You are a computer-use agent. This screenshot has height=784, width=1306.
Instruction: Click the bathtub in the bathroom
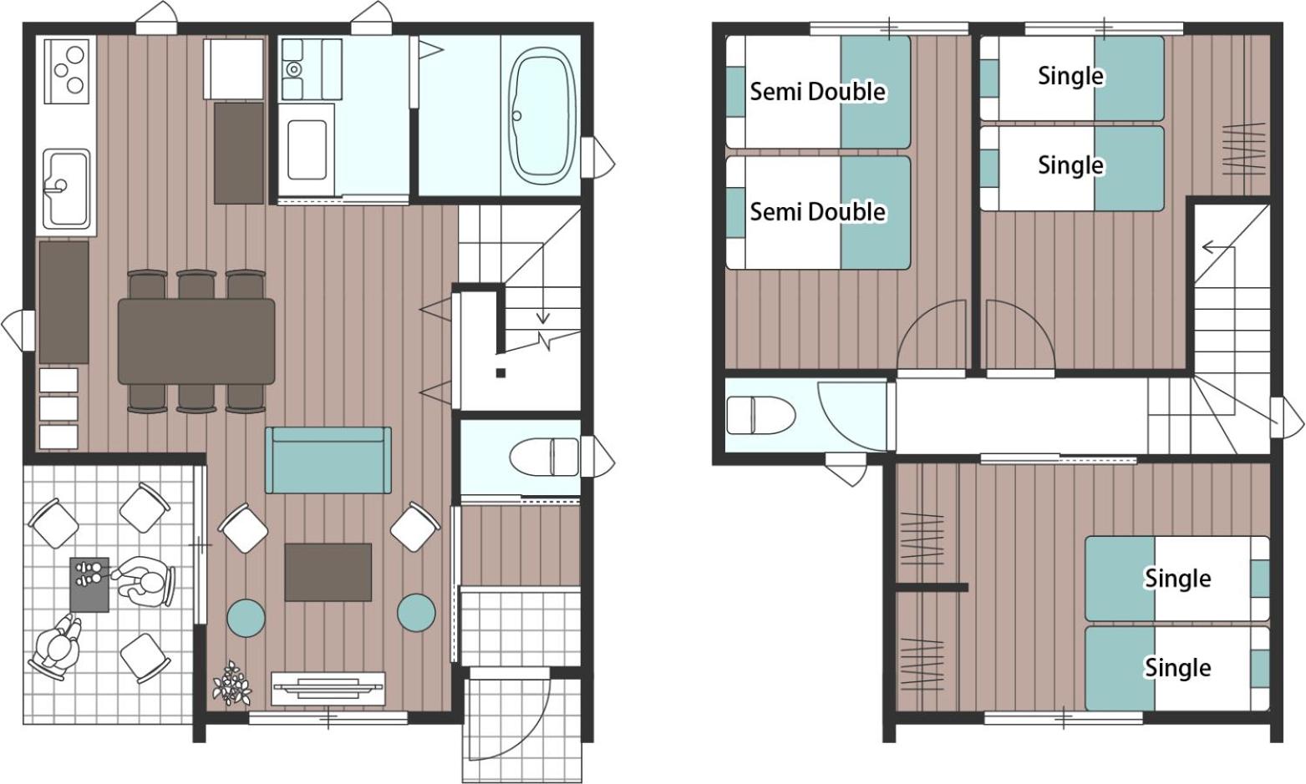542,115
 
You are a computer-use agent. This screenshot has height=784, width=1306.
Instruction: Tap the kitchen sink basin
67,188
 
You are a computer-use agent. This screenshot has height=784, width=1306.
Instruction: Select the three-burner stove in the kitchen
67,70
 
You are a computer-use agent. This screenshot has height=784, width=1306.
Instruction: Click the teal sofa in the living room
328,460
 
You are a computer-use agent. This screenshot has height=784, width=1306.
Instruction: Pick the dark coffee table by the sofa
328,572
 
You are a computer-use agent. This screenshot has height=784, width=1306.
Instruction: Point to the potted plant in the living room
231,683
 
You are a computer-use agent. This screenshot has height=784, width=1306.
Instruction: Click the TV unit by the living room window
328,689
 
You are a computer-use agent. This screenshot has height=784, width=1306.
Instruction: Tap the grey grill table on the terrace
89,584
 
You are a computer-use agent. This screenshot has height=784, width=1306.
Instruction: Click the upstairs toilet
761,415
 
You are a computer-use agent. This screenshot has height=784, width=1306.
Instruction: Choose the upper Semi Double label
817,92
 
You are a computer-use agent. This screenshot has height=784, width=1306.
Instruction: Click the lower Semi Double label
817,211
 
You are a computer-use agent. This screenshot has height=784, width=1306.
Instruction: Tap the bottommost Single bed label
1177,667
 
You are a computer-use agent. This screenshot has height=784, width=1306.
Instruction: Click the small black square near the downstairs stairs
501,372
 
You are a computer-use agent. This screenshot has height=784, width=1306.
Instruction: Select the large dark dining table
196,341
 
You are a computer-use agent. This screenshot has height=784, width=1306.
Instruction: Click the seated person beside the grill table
145,581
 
